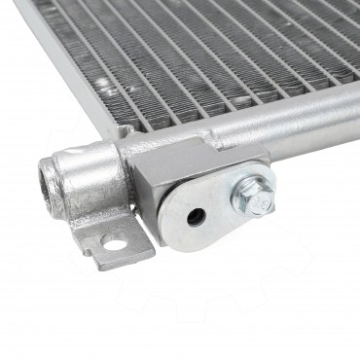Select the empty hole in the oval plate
(198, 217)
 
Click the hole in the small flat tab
(114, 243)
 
